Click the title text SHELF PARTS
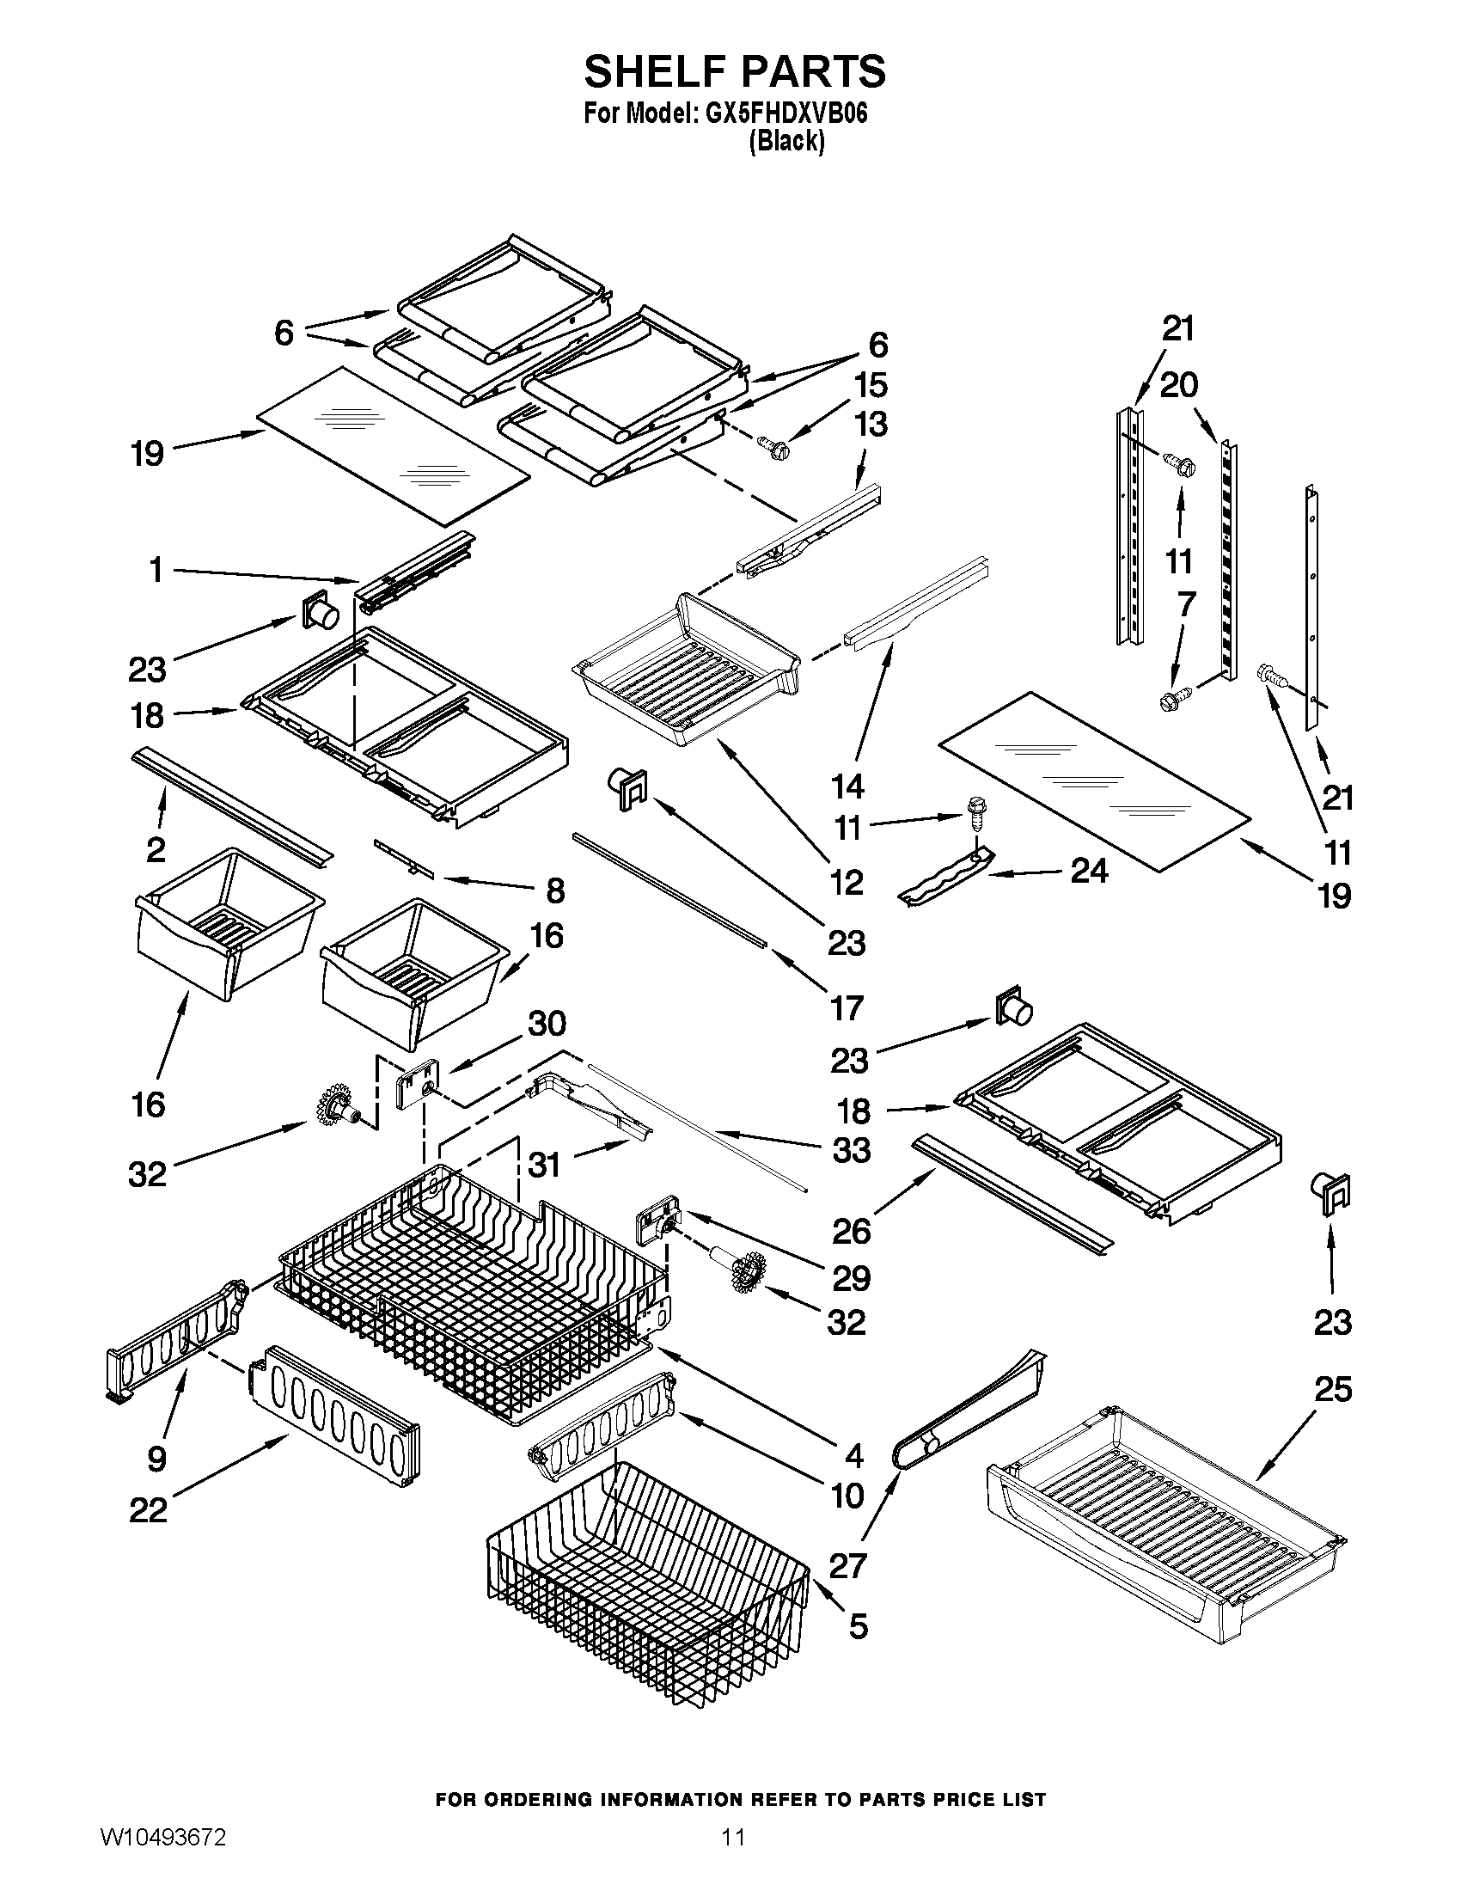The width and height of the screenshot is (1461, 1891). pos(734,72)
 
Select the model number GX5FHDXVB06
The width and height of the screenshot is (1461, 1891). pos(786,114)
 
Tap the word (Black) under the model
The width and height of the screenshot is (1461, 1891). pos(786,141)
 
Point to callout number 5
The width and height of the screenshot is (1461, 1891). pos(857,1626)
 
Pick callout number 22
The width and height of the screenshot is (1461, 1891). pos(148,1512)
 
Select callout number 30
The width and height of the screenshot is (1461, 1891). pos(547,1025)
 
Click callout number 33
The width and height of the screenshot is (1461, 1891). pos(851,1151)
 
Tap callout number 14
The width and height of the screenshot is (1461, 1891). pos(847,786)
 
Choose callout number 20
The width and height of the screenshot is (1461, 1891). pos(1178,385)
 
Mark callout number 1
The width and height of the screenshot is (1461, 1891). pos(156,571)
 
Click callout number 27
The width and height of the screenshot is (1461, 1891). pos(847,1565)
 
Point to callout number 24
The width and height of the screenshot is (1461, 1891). pos(1088,870)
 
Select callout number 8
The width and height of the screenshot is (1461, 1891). pos(555,891)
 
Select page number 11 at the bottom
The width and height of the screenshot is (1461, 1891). pos(733,1857)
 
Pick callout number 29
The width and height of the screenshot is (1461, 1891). pos(850,1278)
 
